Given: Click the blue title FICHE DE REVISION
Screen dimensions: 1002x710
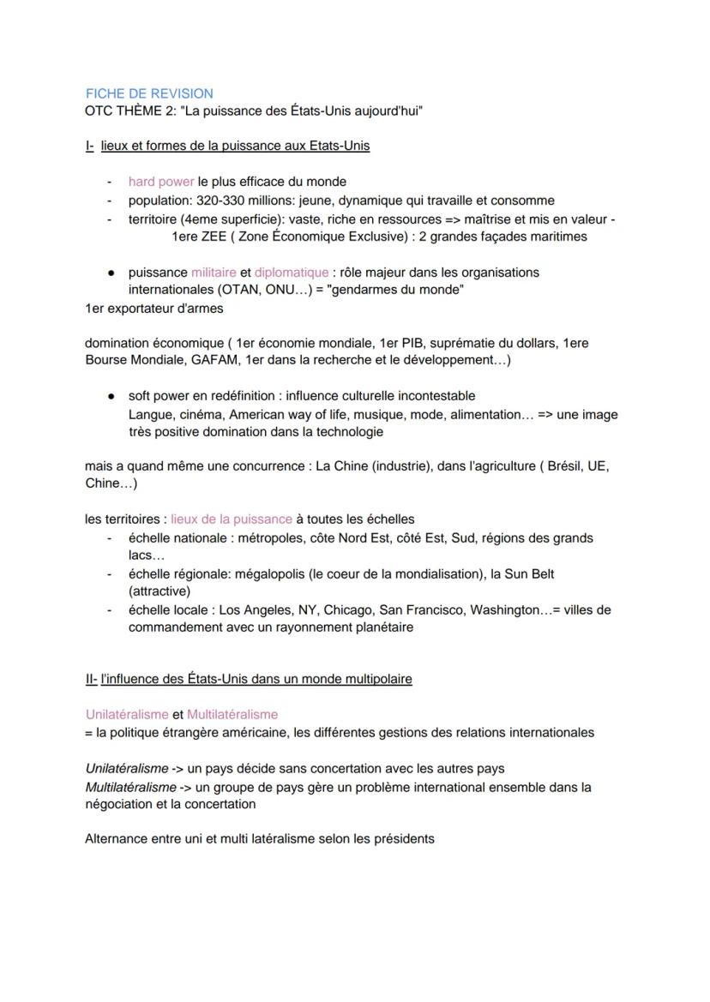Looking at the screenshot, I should pyautogui.click(x=149, y=93).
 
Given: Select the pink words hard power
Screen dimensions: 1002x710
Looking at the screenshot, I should pyautogui.click(x=161, y=182).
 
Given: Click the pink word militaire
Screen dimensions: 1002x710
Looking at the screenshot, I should pyautogui.click(x=214, y=273).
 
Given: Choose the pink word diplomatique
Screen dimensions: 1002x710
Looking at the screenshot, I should pyautogui.click(x=291, y=273).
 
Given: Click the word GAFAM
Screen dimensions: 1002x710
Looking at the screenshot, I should pyautogui.click(x=217, y=360).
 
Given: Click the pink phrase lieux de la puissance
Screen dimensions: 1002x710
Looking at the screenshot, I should pyautogui.click(x=232, y=519).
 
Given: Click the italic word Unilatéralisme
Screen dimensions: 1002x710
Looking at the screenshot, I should pyautogui.click(x=126, y=768).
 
